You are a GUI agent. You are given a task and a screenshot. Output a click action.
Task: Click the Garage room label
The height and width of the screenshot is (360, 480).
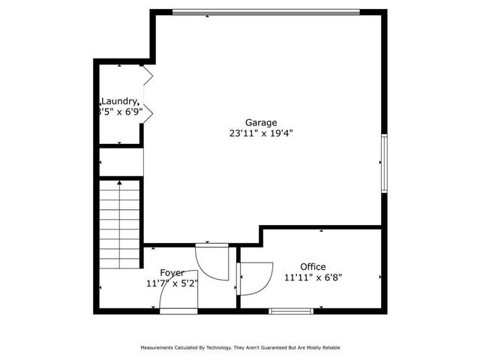point(261,122)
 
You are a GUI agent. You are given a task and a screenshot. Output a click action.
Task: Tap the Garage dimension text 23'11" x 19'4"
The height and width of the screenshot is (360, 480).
point(261,133)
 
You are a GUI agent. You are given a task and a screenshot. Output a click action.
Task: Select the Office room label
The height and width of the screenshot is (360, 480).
point(313,266)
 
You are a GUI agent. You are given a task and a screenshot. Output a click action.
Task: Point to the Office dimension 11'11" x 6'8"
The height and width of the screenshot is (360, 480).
point(313,277)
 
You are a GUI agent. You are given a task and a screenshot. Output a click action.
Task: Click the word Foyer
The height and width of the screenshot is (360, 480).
point(172,272)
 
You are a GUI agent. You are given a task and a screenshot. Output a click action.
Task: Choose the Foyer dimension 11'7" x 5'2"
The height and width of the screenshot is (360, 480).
point(172,283)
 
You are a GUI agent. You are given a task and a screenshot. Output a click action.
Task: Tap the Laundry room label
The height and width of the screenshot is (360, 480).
point(120,101)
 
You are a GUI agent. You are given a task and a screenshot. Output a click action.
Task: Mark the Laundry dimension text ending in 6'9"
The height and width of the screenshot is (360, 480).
point(120,112)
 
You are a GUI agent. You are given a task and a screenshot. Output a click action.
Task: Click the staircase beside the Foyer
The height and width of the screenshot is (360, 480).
point(120,214)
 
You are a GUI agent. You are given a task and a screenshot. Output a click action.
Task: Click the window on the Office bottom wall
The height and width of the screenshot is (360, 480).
point(291,310)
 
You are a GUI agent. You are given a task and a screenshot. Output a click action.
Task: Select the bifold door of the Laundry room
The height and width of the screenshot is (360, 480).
point(147,94)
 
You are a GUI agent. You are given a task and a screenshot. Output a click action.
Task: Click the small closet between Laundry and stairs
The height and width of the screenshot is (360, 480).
point(121,162)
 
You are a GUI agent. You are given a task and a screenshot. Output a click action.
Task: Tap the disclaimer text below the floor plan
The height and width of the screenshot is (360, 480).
point(240,347)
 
